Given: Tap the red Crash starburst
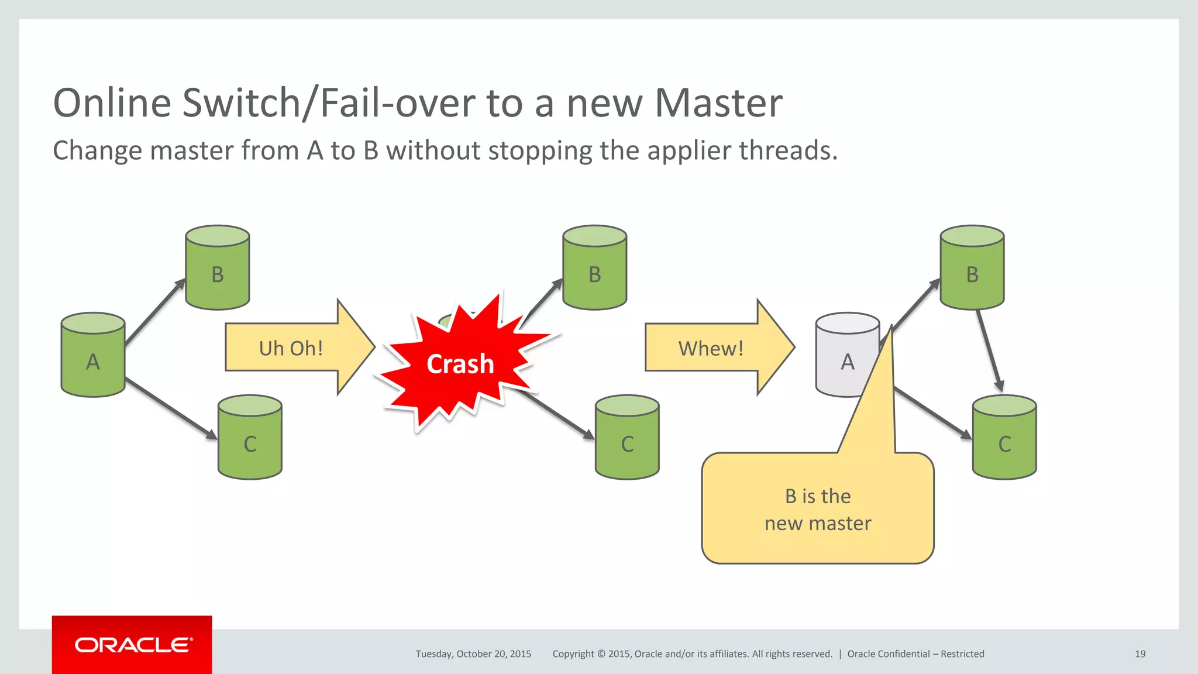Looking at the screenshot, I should click(460, 364).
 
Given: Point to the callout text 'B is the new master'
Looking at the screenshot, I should click(818, 510).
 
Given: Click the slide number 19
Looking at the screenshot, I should click(1140, 654).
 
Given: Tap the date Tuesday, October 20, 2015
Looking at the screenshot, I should click(473, 654).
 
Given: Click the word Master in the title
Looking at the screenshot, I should click(718, 103).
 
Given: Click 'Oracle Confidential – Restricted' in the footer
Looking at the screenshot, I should click(915, 654).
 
